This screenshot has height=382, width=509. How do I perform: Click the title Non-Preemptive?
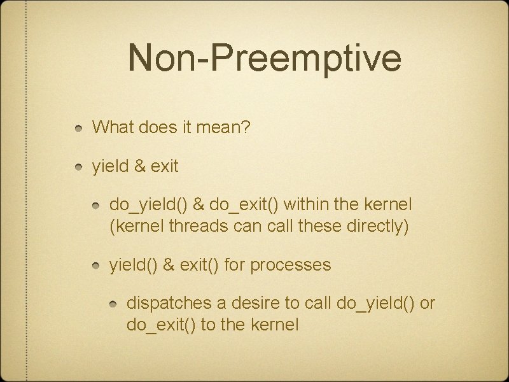coord(264,57)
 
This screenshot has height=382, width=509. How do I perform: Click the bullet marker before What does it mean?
coord(78,129)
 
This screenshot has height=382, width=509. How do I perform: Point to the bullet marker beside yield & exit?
coord(78,167)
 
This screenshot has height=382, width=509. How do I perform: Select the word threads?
coord(201,226)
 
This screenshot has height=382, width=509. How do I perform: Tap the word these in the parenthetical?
coord(313,226)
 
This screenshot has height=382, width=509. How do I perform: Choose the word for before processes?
coord(235,264)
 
